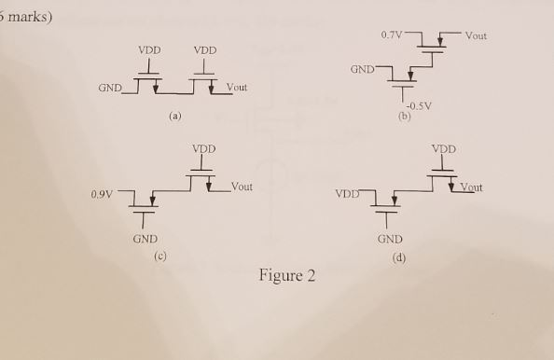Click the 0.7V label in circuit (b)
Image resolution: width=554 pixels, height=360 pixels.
(393, 35)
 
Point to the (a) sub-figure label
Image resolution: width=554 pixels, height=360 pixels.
(174, 117)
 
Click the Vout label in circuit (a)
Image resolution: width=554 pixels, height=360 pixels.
(236, 89)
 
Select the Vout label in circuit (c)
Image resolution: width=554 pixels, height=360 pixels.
(241, 187)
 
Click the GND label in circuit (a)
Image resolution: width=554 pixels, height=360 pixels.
(110, 89)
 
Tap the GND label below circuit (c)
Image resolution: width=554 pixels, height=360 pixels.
(145, 240)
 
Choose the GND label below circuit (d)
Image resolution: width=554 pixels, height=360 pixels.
(390, 240)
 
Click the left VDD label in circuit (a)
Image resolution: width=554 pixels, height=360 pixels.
(148, 50)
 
